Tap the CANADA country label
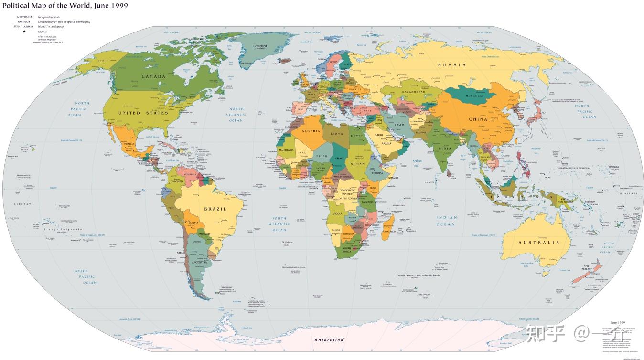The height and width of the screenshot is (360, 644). coord(153,76)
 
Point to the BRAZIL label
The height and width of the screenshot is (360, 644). coord(215,209)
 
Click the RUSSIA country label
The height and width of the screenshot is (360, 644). coord(452,65)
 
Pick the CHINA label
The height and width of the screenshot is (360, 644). coord(478,119)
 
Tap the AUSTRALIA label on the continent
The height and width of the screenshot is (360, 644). coord(539,243)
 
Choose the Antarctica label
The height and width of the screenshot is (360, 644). coord(329,340)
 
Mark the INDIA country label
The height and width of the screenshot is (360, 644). coord(445,148)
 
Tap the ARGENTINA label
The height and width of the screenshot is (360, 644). coord(200,262)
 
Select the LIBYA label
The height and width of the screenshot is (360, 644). coord(337,134)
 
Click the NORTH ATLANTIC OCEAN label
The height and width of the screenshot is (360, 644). coord(236,115)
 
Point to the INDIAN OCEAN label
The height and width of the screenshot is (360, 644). coord(446,221)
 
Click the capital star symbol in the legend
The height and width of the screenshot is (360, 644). coord(24,31)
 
